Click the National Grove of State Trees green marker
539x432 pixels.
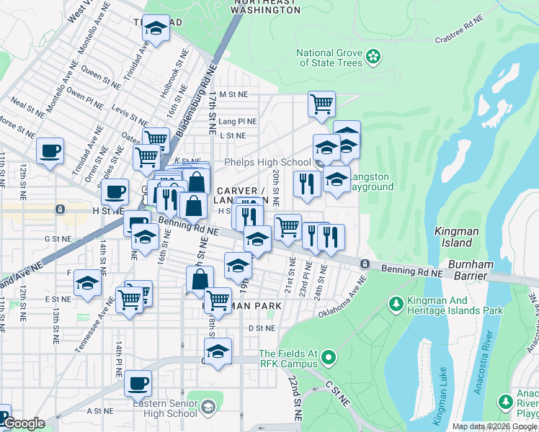click(373, 55)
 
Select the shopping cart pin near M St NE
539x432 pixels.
click(321, 103)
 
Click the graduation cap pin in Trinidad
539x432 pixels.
click(156, 29)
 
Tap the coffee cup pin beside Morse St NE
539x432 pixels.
click(50, 151)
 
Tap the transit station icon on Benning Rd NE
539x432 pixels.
click(365, 264)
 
